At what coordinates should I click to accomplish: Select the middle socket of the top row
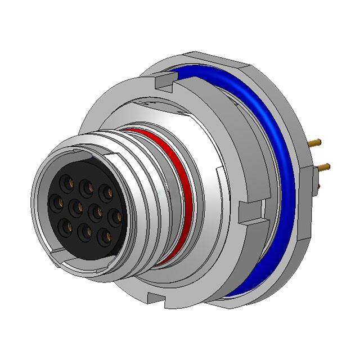[86, 186]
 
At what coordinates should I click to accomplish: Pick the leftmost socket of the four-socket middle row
[56, 201]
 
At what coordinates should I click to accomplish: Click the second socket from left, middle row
[76, 209]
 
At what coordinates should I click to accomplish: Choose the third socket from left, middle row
[96, 213]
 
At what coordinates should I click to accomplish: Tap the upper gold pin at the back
[319, 143]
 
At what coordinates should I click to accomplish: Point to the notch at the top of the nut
[161, 83]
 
